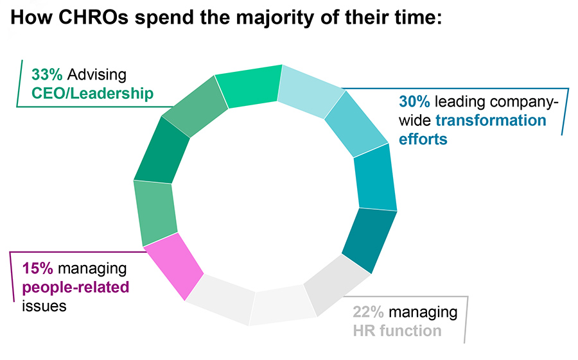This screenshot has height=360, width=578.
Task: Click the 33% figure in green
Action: tap(46, 75)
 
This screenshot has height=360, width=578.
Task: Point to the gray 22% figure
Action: tap(369, 313)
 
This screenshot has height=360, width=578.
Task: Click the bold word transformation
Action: tap(491, 120)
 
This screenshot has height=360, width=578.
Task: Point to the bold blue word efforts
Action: tap(423, 139)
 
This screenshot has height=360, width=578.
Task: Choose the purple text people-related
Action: tap(76, 286)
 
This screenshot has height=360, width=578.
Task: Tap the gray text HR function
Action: tap(396, 331)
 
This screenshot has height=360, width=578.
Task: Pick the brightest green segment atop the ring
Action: tap(249, 85)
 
